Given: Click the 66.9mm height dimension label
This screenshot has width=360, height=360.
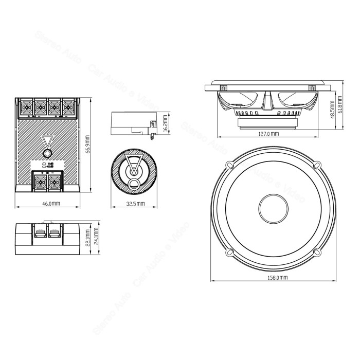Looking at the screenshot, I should [88, 145].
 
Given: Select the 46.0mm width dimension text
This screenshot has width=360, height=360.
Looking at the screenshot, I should [51, 204].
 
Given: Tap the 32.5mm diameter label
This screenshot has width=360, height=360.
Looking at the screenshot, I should [134, 204].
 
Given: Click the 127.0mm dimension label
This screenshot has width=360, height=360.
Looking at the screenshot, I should [268, 134].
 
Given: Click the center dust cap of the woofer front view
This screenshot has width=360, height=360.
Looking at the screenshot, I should [273, 209].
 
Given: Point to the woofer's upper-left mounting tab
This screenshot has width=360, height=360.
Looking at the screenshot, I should [229, 165].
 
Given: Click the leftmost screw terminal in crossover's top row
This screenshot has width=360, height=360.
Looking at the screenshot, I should [26, 107].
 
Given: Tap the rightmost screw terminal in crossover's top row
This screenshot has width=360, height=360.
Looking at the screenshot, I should [67, 107].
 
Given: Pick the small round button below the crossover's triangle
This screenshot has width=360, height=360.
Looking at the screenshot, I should [47, 154].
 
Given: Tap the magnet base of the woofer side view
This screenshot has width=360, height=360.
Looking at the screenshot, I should [268, 122].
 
